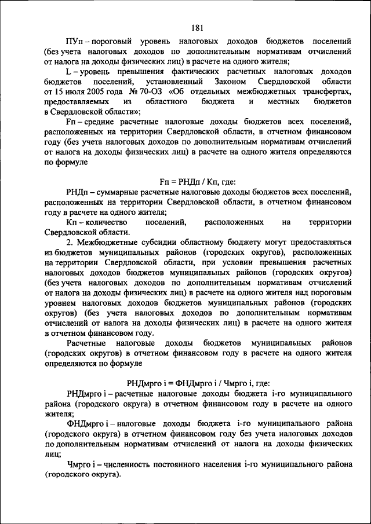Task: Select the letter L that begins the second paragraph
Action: pyautogui.click(x=69, y=71)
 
